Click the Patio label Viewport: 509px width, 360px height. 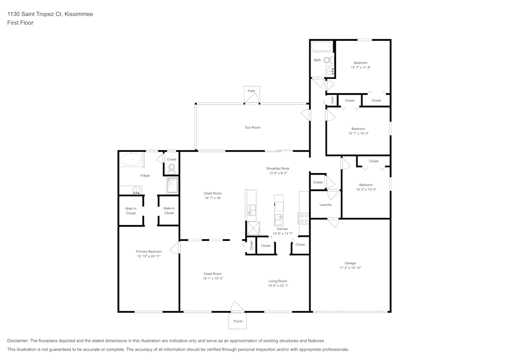(x=251, y=91)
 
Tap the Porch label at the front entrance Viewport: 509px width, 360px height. (x=238, y=321)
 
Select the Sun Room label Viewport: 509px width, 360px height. (x=252, y=127)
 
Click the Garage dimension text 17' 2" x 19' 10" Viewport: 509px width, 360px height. (x=350, y=268)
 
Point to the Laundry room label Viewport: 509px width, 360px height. (x=326, y=205)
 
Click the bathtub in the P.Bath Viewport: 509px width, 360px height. (x=132, y=160)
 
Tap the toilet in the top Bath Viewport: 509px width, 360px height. (x=327, y=60)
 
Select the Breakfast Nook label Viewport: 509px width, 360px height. (x=278, y=169)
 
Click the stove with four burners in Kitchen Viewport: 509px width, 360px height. (x=304, y=218)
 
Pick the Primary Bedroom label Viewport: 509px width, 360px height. (x=149, y=252)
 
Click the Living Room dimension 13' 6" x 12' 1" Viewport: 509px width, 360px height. (x=278, y=286)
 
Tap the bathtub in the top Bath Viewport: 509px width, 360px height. (x=322, y=47)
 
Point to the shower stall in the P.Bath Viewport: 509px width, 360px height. (x=173, y=186)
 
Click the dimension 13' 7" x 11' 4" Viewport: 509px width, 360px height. (x=360, y=67)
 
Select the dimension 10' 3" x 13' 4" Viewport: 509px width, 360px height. (x=365, y=189)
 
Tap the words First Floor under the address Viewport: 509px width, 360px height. (x=20, y=23)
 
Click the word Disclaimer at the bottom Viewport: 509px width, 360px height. (x=18, y=341)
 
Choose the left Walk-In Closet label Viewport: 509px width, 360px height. (x=131, y=211)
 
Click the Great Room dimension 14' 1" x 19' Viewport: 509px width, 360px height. (x=213, y=198)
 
